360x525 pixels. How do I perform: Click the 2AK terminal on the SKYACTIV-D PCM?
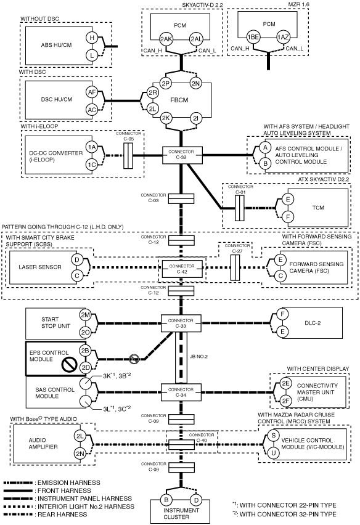(166, 39)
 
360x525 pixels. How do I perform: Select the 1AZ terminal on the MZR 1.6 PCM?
(283, 37)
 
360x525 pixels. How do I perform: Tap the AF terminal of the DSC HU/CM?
(92, 92)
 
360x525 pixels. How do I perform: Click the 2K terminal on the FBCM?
(166, 118)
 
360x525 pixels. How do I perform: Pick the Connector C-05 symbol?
(128, 156)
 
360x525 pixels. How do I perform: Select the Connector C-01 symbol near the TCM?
(239, 208)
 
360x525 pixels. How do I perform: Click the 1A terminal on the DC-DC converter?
(92, 147)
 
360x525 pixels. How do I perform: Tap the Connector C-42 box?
(182, 269)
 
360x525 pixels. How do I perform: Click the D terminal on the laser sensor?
(77, 259)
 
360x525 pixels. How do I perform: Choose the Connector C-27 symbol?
(235, 267)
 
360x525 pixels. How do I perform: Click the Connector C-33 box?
(181, 323)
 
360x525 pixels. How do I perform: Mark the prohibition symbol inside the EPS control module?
(69, 365)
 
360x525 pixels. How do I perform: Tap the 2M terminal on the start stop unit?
(86, 315)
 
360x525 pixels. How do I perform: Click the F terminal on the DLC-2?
(283, 314)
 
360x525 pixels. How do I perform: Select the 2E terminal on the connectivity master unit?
(285, 383)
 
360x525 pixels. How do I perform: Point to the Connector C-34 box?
(181, 392)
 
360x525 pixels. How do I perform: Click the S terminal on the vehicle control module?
(274, 435)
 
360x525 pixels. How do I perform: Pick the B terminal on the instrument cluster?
(166, 500)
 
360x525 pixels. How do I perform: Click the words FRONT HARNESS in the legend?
(64, 490)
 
